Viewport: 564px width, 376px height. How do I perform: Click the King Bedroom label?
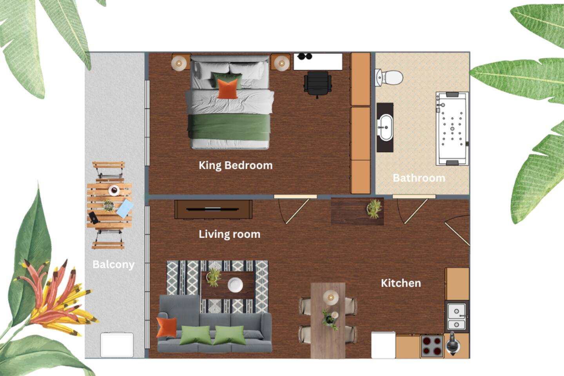(x=236, y=166)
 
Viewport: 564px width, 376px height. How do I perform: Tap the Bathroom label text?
(x=419, y=178)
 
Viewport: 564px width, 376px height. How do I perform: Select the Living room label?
(x=229, y=234)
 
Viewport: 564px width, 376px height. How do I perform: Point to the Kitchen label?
(x=401, y=283)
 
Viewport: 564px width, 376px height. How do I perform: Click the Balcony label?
(x=113, y=265)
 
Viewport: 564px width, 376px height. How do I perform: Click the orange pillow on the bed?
(x=228, y=89)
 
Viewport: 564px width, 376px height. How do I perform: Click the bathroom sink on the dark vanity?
(x=385, y=127)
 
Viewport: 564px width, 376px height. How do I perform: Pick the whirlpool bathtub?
(x=452, y=128)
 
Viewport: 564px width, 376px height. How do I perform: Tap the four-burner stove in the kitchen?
(x=432, y=346)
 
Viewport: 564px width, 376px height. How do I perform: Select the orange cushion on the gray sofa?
(x=167, y=327)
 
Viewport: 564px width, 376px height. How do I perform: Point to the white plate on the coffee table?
(x=235, y=285)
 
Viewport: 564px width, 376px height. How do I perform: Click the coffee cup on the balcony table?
(x=114, y=190)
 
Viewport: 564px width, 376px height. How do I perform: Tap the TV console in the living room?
(x=213, y=210)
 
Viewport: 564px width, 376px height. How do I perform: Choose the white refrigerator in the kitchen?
(x=383, y=345)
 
